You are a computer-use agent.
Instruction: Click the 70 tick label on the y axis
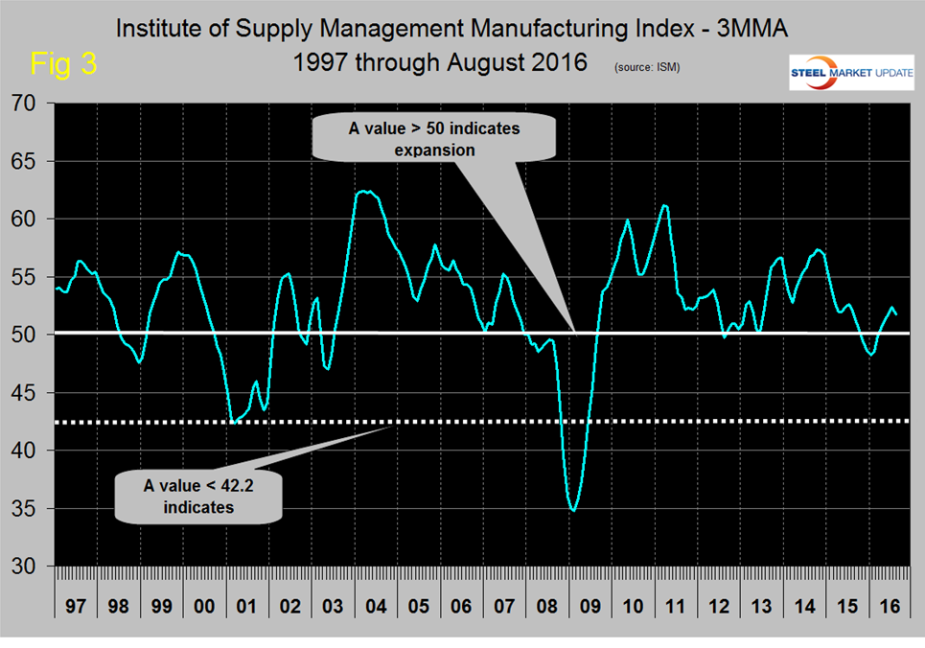30,103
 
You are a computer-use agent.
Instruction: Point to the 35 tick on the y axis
30,508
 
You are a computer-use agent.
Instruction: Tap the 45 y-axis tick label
30,393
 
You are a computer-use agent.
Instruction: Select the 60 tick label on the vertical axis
30,219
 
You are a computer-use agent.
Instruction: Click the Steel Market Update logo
848,73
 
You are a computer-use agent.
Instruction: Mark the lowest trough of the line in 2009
573,511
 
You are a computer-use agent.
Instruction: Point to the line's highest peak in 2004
363,192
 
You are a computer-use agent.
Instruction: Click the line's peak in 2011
665,205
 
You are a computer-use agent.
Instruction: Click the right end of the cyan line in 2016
896,314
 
